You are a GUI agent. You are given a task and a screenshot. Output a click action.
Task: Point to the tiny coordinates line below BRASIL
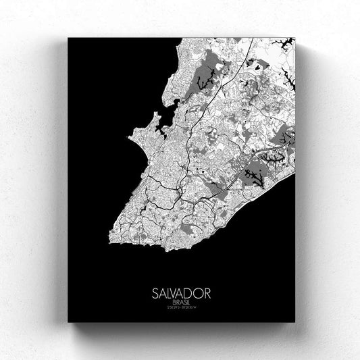[x=181, y=290]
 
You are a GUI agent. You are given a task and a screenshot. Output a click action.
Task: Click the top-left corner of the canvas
[x=68, y=38]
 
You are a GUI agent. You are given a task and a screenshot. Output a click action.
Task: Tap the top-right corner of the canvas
[x=294, y=38]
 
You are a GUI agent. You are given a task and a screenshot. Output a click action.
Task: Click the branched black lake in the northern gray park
[x=203, y=82]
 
